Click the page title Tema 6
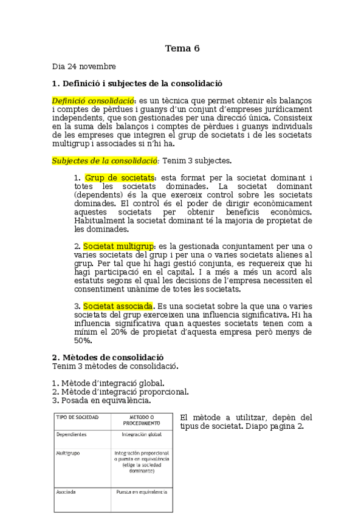pos(182,49)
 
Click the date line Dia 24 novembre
pos(84,66)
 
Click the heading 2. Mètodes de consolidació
pos(108,357)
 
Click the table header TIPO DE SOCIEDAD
pos(77,418)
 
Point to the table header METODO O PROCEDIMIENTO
pos(142,421)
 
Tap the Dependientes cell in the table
pos(71,435)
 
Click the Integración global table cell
pos(142,435)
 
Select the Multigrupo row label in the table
pos(69,453)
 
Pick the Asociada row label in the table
pos(66,491)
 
